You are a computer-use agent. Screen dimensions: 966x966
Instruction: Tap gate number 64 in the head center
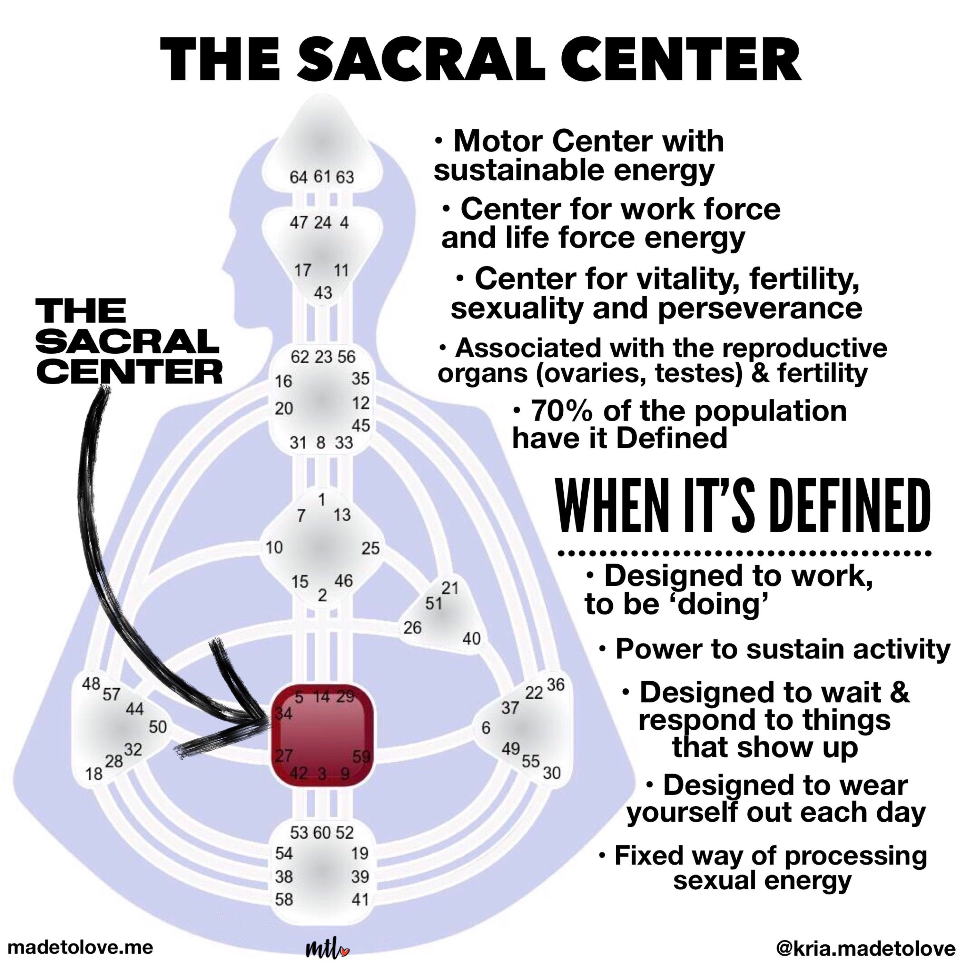pos(298,177)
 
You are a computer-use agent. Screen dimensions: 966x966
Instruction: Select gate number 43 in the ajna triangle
pos(323,293)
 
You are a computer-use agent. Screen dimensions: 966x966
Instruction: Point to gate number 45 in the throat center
pos(361,425)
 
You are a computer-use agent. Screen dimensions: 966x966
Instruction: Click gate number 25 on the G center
pos(371,549)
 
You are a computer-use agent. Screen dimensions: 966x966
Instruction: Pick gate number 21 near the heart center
pos(450,588)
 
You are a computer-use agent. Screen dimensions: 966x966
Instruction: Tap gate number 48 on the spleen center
pos(91,683)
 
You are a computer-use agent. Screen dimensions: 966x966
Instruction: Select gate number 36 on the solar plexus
pos(555,684)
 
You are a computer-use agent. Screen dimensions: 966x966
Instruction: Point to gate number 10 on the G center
pos(274,548)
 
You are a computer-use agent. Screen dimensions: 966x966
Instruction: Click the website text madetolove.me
pos(80,946)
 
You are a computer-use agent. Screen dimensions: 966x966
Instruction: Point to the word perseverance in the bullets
pos(760,308)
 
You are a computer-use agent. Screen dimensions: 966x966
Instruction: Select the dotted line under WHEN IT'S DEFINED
pos(745,553)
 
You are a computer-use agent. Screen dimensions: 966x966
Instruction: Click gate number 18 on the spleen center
pos(93,774)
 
